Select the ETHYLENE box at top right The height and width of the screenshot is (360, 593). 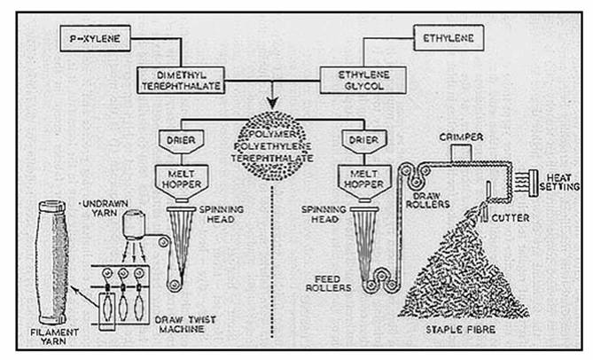(x=449, y=39)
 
